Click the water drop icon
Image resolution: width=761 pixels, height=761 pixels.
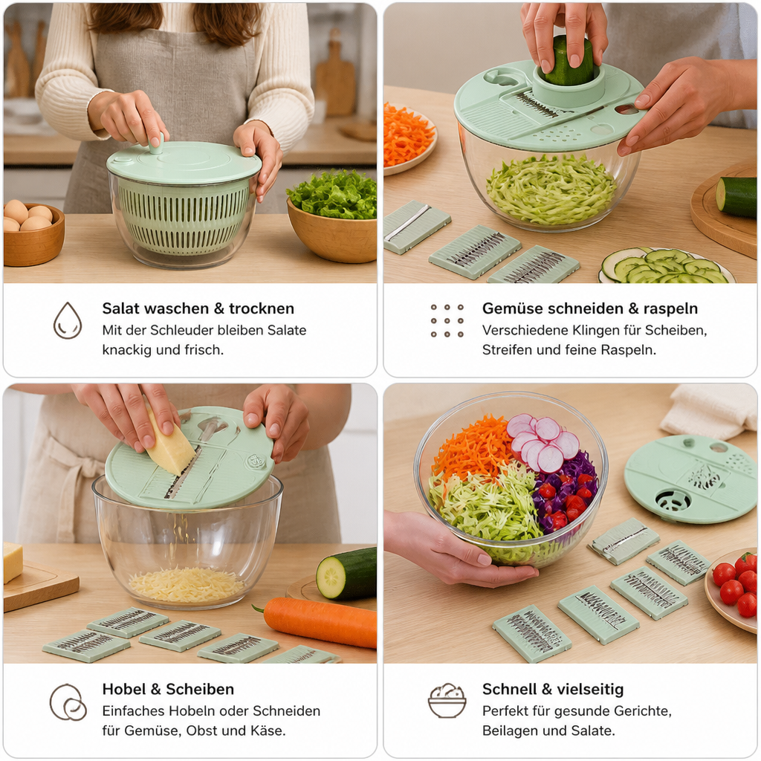pos(68,320)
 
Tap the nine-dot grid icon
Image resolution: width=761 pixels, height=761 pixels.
pos(447,320)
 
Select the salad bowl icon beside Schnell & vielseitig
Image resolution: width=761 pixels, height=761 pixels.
pos(447,700)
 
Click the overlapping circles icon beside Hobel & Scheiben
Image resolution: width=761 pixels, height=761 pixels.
pos(68,702)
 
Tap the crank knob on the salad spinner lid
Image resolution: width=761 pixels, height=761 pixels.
pos(156,143)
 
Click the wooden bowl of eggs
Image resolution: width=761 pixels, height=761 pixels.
pos(32,234)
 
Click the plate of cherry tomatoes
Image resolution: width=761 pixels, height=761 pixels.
pos(733,589)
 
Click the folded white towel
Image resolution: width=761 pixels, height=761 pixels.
pos(710,411)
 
